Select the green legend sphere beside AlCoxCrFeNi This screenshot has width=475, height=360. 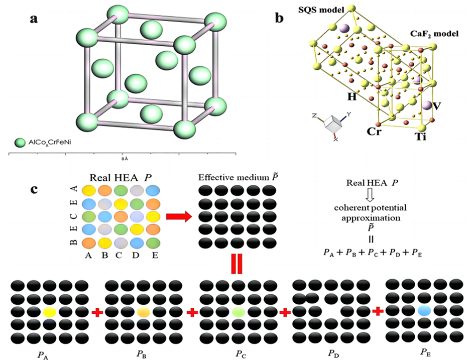tap(20, 143)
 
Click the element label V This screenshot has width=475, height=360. tap(438, 106)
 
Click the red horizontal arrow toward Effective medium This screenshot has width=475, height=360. tap(179, 217)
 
